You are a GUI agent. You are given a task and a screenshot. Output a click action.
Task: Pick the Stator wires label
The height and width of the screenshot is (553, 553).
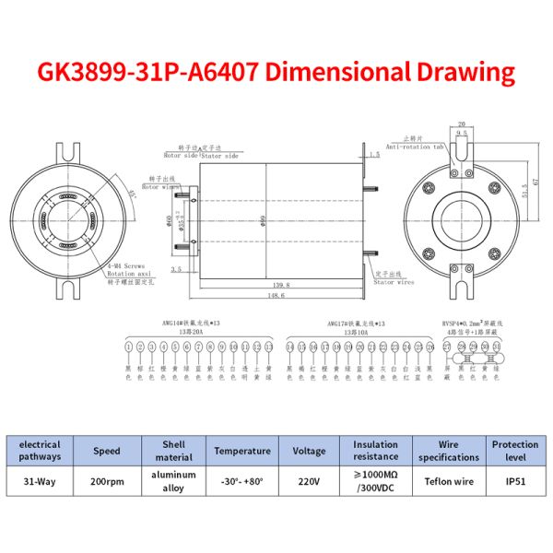(x=394, y=280)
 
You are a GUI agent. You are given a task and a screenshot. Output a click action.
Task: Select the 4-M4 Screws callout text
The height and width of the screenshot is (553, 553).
(x=123, y=266)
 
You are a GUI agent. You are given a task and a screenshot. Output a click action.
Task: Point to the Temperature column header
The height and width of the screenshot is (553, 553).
(x=242, y=451)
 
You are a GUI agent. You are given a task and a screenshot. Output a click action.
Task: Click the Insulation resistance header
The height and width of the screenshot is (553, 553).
(x=375, y=451)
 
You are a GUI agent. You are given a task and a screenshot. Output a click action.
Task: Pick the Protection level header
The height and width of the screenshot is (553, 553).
(x=514, y=451)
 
